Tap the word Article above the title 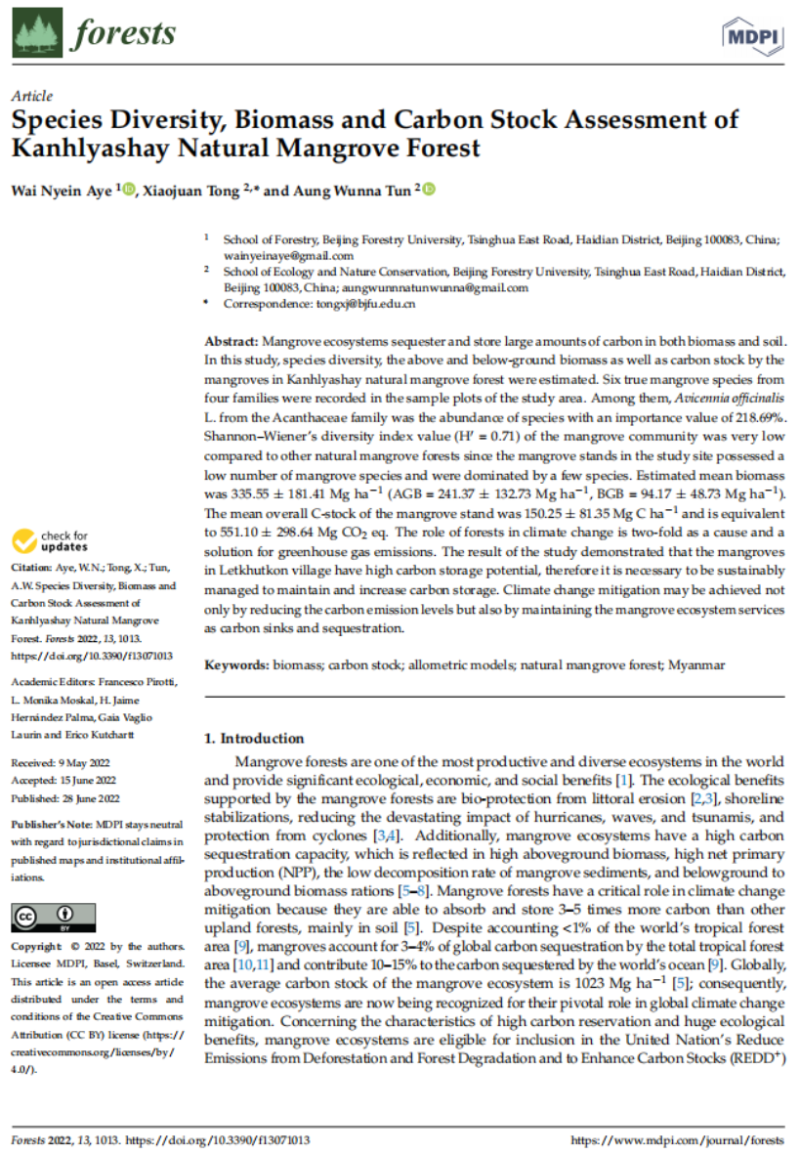[30, 97]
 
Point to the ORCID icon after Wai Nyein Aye [132, 189]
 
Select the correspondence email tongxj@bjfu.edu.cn [366, 304]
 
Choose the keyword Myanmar [696, 664]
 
